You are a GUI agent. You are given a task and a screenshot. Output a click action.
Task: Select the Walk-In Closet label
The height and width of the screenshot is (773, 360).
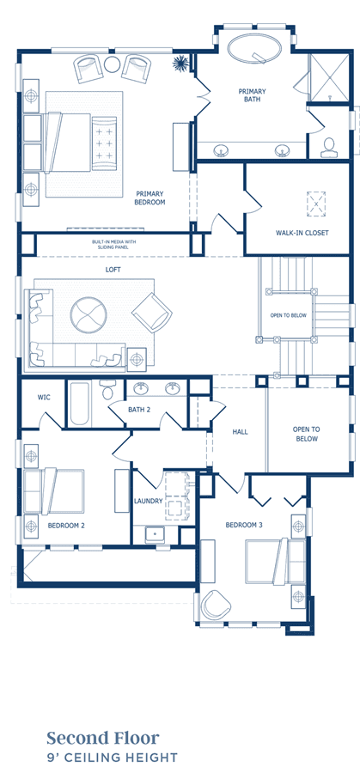click(302, 233)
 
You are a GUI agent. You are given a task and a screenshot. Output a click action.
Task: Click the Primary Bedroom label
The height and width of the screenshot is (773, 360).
click(149, 198)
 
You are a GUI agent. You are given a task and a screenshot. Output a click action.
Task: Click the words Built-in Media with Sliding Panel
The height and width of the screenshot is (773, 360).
click(113, 245)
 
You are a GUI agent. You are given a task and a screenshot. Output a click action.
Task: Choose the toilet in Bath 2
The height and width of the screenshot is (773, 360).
click(107, 389)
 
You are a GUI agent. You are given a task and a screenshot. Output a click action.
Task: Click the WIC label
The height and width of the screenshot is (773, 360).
click(44, 398)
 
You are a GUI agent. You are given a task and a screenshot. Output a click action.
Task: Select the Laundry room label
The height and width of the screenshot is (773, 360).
click(148, 501)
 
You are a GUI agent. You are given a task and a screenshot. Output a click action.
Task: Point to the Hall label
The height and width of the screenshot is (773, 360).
click(241, 432)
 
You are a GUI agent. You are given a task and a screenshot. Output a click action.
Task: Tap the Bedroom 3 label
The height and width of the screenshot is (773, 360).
click(244, 525)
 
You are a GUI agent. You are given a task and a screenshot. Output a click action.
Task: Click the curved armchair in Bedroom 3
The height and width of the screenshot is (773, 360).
click(216, 605)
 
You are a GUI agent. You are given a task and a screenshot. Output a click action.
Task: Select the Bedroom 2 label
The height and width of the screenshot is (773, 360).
click(66, 526)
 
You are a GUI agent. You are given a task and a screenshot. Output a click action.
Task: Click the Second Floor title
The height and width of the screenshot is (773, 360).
click(103, 738)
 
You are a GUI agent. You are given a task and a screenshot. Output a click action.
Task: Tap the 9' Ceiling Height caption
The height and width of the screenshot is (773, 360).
click(112, 758)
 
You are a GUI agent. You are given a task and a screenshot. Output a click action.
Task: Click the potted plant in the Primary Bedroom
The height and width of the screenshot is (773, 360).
click(180, 63)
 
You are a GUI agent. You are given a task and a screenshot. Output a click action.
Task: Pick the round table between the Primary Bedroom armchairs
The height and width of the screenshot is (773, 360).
click(113, 64)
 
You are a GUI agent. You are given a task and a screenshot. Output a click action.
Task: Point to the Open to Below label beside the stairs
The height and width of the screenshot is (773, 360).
click(289, 315)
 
